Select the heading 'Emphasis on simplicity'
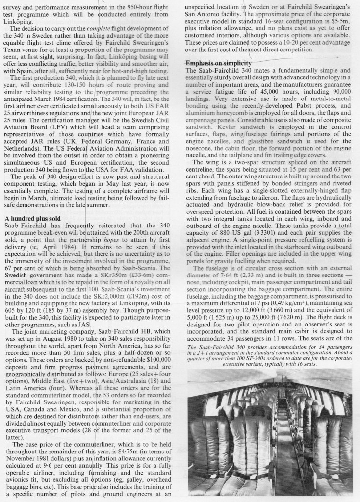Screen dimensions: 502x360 tap(219, 64)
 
